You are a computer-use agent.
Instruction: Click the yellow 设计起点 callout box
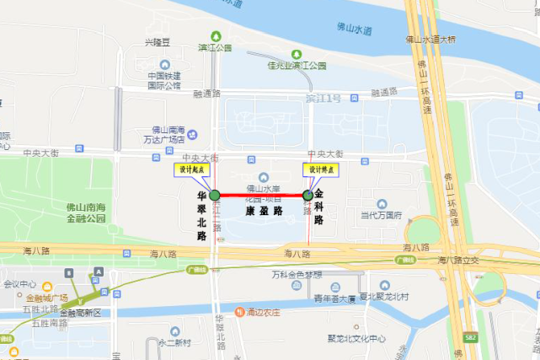(190, 169)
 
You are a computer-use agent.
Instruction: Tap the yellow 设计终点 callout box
(319, 169)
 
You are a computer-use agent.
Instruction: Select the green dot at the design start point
(215, 196)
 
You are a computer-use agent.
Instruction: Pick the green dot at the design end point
(307, 196)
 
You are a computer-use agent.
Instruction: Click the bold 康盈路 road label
(264, 212)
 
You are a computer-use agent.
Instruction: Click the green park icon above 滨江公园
(216, 36)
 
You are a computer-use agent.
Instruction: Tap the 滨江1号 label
(323, 99)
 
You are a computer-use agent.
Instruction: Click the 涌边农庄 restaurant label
(265, 312)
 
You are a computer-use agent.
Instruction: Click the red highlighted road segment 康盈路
(261, 196)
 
